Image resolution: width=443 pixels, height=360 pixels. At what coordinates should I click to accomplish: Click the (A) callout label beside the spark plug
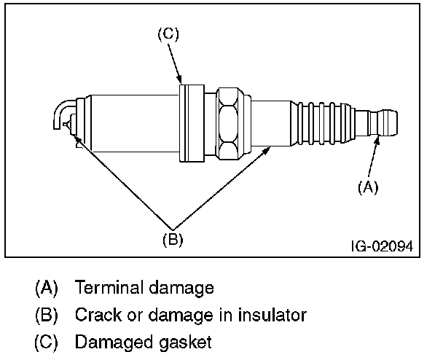click(x=367, y=187)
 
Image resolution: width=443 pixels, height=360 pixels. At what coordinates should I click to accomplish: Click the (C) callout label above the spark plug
click(x=168, y=34)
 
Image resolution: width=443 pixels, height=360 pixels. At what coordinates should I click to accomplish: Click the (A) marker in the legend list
click(x=46, y=288)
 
